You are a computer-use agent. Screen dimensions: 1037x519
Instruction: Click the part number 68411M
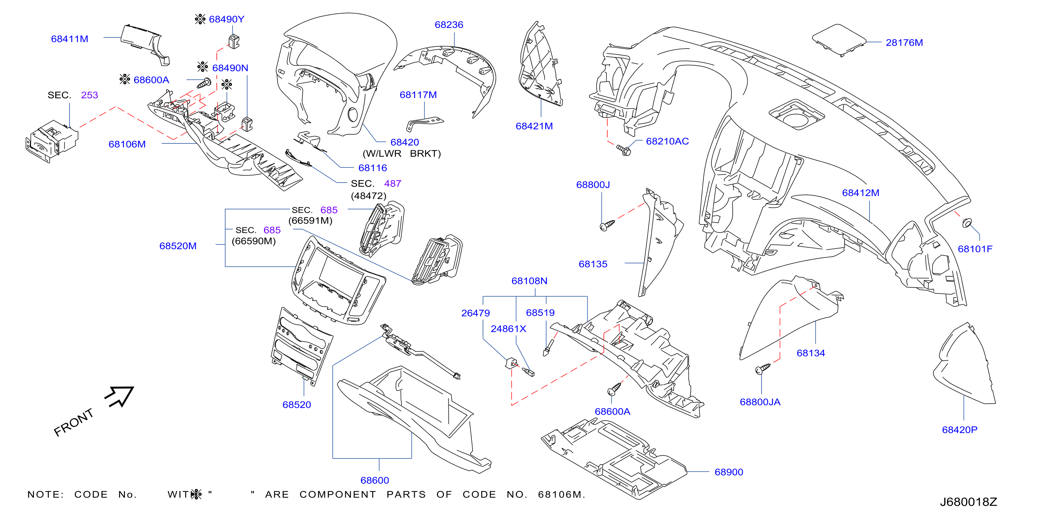pyautogui.click(x=69, y=39)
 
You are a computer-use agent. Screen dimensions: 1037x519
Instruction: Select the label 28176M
pyautogui.click(x=904, y=43)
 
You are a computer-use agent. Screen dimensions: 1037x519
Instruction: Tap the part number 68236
pyautogui.click(x=449, y=25)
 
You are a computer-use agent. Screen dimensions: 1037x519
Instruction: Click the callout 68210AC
pyautogui.click(x=667, y=141)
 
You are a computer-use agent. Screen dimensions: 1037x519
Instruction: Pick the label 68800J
pyautogui.click(x=593, y=185)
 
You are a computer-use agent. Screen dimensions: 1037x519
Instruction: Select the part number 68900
pyautogui.click(x=729, y=472)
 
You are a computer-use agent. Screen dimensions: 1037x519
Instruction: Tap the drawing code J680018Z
pyautogui.click(x=968, y=502)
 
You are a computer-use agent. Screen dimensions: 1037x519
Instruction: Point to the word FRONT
pyautogui.click(x=74, y=422)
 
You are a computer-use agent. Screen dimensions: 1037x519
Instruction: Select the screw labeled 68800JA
pyautogui.click(x=762, y=368)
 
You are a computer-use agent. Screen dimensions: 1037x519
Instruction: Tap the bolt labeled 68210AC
pyautogui.click(x=624, y=150)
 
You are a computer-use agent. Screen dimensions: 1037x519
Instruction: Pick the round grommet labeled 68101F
pyautogui.click(x=967, y=223)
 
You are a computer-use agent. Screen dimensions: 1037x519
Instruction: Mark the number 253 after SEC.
pyautogui.click(x=90, y=95)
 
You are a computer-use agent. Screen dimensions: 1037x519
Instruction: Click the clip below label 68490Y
pyautogui.click(x=234, y=42)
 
